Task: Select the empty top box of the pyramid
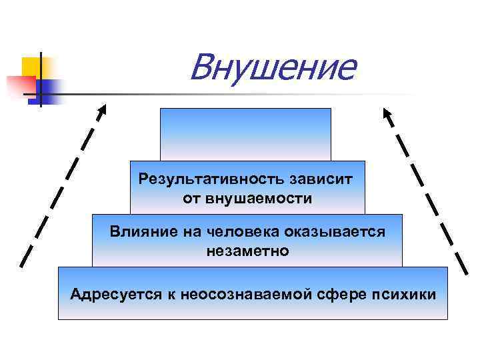coord(245,134)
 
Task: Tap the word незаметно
coord(247,251)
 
